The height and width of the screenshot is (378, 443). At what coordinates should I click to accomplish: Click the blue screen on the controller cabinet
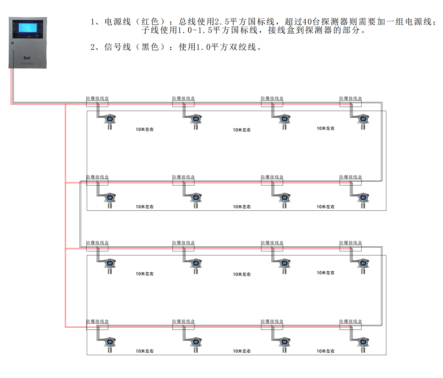[x=28, y=28]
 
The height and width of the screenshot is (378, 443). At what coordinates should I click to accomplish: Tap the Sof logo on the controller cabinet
[x=27, y=58]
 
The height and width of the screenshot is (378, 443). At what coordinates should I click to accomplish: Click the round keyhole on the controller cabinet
[x=12, y=43]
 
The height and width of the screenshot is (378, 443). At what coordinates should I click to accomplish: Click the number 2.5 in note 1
[x=222, y=21]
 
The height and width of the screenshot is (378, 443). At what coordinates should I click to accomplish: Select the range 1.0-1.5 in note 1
[x=195, y=30]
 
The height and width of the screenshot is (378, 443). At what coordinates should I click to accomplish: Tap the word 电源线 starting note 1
[x=118, y=21]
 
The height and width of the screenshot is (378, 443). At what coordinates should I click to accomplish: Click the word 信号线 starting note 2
[x=118, y=47]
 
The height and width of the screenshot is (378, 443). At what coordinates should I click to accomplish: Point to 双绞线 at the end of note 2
[x=243, y=47]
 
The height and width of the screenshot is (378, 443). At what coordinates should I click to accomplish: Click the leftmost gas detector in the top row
[x=110, y=121]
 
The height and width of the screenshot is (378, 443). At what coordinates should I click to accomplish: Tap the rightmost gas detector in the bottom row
[x=363, y=344]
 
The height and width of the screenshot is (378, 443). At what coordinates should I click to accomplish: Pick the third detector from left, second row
[x=284, y=200]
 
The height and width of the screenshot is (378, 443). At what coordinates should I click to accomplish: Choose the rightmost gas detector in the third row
[x=363, y=266]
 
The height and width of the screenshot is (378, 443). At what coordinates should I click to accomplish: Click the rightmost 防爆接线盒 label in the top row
[x=351, y=98]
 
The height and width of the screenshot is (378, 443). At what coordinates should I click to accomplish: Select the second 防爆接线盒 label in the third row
[x=183, y=243]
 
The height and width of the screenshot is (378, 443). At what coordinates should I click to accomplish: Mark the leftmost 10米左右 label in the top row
[x=145, y=129]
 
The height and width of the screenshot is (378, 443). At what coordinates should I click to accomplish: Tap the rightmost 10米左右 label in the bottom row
[x=326, y=351]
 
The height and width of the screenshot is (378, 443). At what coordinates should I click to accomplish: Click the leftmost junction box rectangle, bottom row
[x=97, y=327]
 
